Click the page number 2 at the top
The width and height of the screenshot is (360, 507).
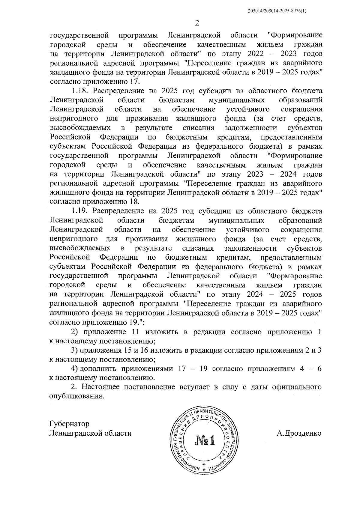click(197, 23)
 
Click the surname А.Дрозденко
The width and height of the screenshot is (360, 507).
click(299, 433)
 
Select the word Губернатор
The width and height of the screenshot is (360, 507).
click(69, 424)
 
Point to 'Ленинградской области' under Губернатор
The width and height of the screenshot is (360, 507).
click(90, 433)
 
